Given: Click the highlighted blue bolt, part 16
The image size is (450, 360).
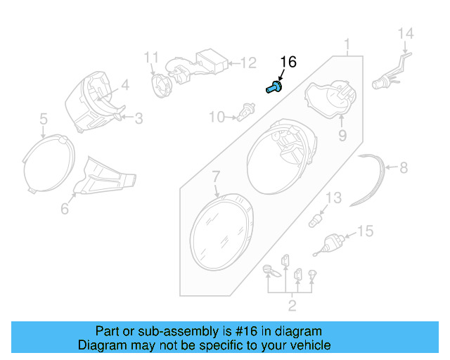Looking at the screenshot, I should [274, 88].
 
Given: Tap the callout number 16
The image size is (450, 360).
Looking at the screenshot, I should [288, 63].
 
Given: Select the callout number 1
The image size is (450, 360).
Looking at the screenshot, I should [347, 47].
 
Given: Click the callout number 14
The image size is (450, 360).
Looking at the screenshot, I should [406, 34].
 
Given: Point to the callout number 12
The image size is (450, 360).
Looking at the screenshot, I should [248, 63].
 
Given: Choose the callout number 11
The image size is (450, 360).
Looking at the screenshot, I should [153, 56].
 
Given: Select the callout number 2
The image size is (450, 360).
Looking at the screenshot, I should [292, 305].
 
